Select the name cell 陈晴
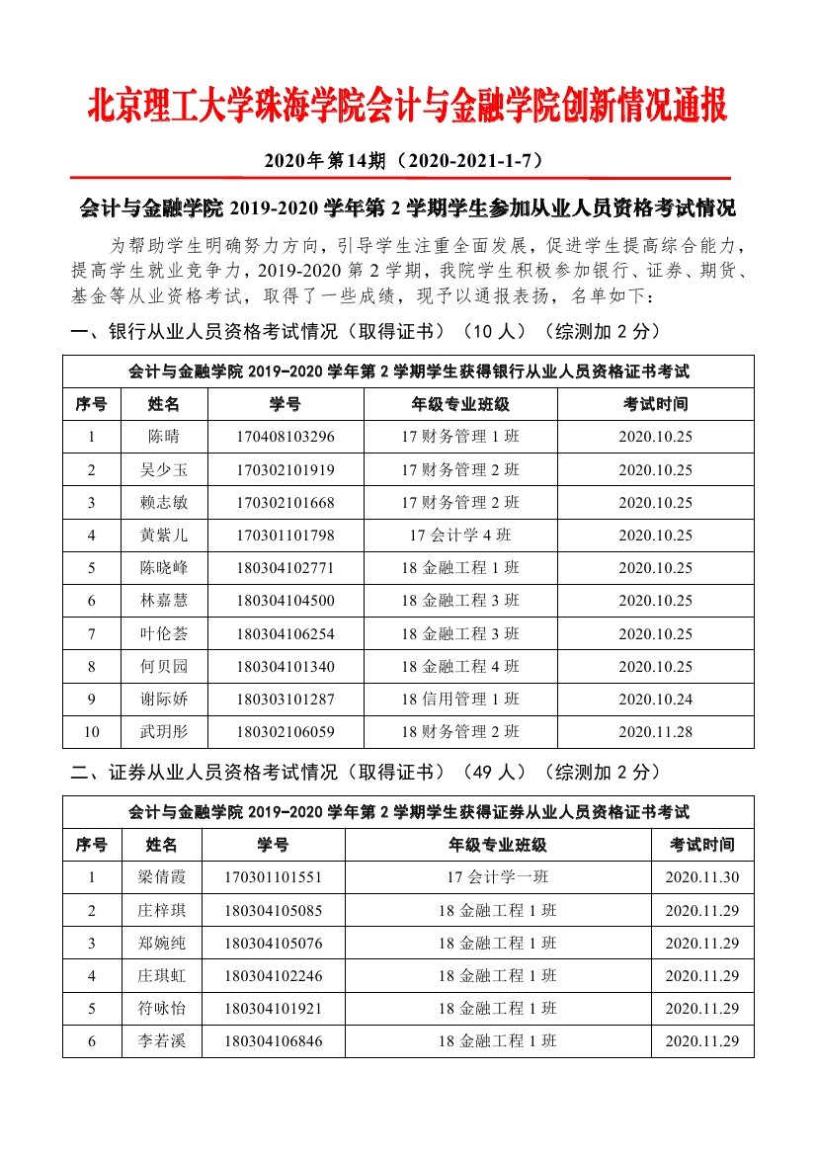tap(164, 437)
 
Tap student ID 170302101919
tap(285, 469)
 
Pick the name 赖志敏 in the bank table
tap(164, 503)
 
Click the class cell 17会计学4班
tap(459, 536)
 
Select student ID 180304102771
tap(285, 568)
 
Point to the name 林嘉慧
tap(164, 601)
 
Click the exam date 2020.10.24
tap(655, 700)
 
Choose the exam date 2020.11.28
tap(655, 732)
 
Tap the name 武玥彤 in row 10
tap(164, 732)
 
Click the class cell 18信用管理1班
tap(459, 700)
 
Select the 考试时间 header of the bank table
tap(655, 404)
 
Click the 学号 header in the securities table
tap(273, 845)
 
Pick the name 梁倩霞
tap(161, 877)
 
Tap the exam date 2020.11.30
tap(701, 877)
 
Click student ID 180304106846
tap(273, 1041)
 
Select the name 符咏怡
tap(161, 1009)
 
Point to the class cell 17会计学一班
tap(498, 877)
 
